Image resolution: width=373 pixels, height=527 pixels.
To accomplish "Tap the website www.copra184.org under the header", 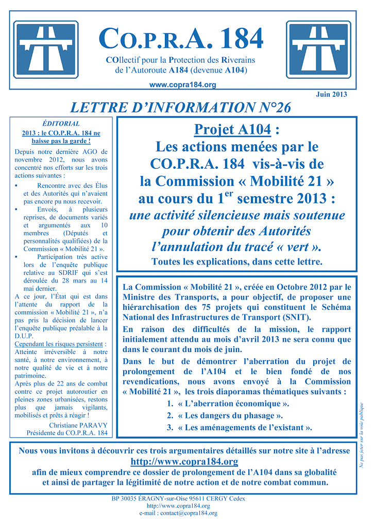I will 182,85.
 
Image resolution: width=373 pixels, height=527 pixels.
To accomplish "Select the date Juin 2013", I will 331,94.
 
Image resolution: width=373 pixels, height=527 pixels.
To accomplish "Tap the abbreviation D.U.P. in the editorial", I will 25,336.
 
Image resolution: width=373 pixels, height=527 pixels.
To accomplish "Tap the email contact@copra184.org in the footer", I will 188,513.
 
